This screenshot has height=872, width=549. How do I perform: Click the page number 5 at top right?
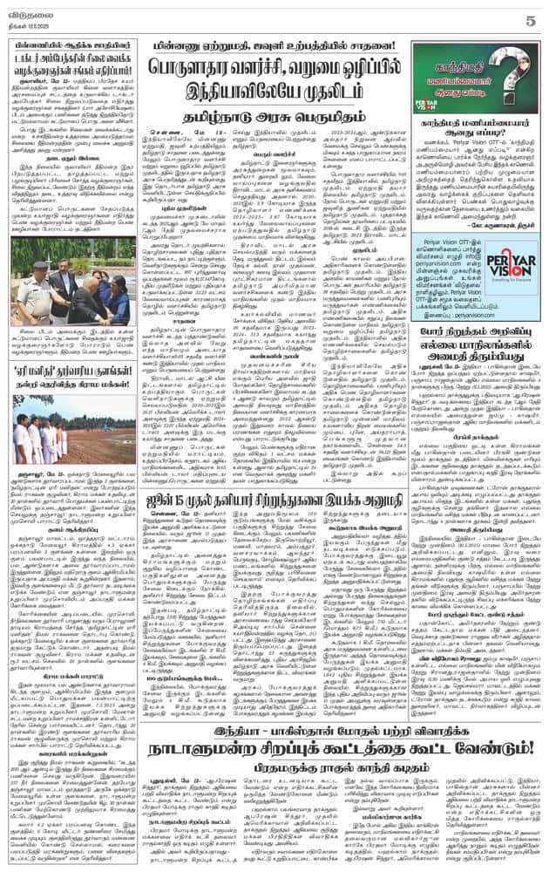tap(533, 11)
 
